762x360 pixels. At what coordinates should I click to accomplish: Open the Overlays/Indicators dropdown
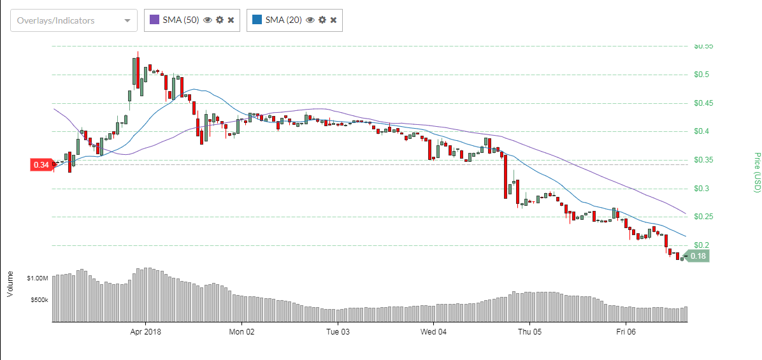coord(73,20)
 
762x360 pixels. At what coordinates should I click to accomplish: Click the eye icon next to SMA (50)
coord(207,20)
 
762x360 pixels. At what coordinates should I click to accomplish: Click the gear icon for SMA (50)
coord(219,20)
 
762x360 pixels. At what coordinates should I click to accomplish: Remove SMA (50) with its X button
coord(231,20)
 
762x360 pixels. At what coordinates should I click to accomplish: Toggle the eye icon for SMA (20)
coord(310,20)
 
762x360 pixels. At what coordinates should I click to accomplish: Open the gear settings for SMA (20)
coord(322,20)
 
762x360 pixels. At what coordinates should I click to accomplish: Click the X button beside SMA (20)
coord(333,20)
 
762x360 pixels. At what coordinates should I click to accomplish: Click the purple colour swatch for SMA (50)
coord(155,20)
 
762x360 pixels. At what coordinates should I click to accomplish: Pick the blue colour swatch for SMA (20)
coord(257,20)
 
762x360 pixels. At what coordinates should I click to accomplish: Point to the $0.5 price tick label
coord(702,75)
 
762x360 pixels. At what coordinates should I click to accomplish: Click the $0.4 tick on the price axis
coord(702,131)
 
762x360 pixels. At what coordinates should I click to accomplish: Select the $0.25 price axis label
coord(703,217)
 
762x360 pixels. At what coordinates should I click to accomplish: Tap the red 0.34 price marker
coord(41,165)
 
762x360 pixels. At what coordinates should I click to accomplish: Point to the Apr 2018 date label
coord(145,332)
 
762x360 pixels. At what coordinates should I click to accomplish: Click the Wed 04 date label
coord(433,332)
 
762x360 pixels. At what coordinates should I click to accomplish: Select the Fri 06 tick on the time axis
coord(626,332)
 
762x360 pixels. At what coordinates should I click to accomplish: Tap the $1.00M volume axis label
coord(38,278)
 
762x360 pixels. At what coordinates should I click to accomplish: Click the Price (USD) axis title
coord(758,172)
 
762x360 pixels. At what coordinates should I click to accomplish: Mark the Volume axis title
coord(10,284)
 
